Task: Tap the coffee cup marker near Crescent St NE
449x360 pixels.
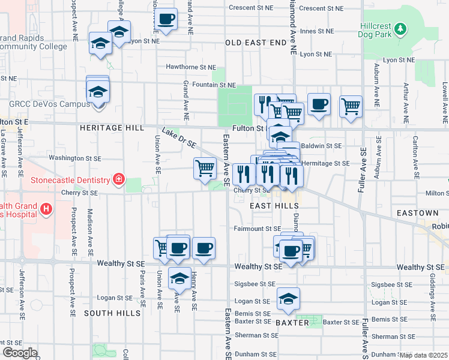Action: click(x=167, y=19)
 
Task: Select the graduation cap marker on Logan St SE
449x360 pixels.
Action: click(x=289, y=298)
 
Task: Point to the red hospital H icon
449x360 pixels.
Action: click(x=46, y=209)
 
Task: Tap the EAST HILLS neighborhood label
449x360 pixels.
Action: click(x=274, y=206)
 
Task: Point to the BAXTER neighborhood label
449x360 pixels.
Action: click(x=292, y=323)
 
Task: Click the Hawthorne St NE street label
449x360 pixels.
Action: click(x=191, y=67)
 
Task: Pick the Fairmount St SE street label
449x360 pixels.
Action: click(x=257, y=229)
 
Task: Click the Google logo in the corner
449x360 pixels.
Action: click(x=19, y=353)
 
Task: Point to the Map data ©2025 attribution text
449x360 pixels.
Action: click(x=424, y=355)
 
